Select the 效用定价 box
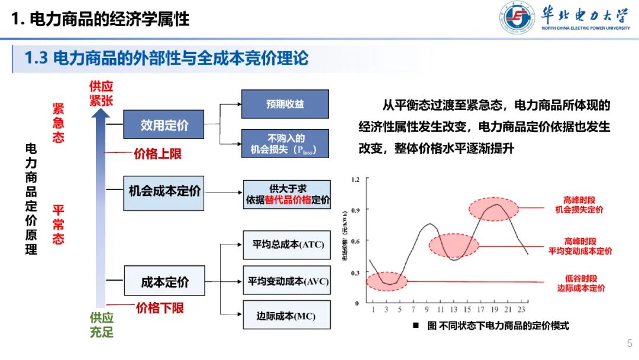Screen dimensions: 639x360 tap(164, 125)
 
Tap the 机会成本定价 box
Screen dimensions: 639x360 tap(164, 192)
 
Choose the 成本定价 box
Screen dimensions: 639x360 tap(164, 282)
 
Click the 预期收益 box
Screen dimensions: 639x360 tap(285, 104)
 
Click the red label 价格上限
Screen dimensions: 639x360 tap(157, 154)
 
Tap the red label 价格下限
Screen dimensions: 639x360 tap(160, 308)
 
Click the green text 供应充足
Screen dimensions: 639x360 tap(101, 324)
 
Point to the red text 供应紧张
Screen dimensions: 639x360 tap(101, 94)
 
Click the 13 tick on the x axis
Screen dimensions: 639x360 tap(454, 309)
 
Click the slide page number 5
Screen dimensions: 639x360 tap(630, 343)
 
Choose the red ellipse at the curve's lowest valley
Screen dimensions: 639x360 tap(387, 281)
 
